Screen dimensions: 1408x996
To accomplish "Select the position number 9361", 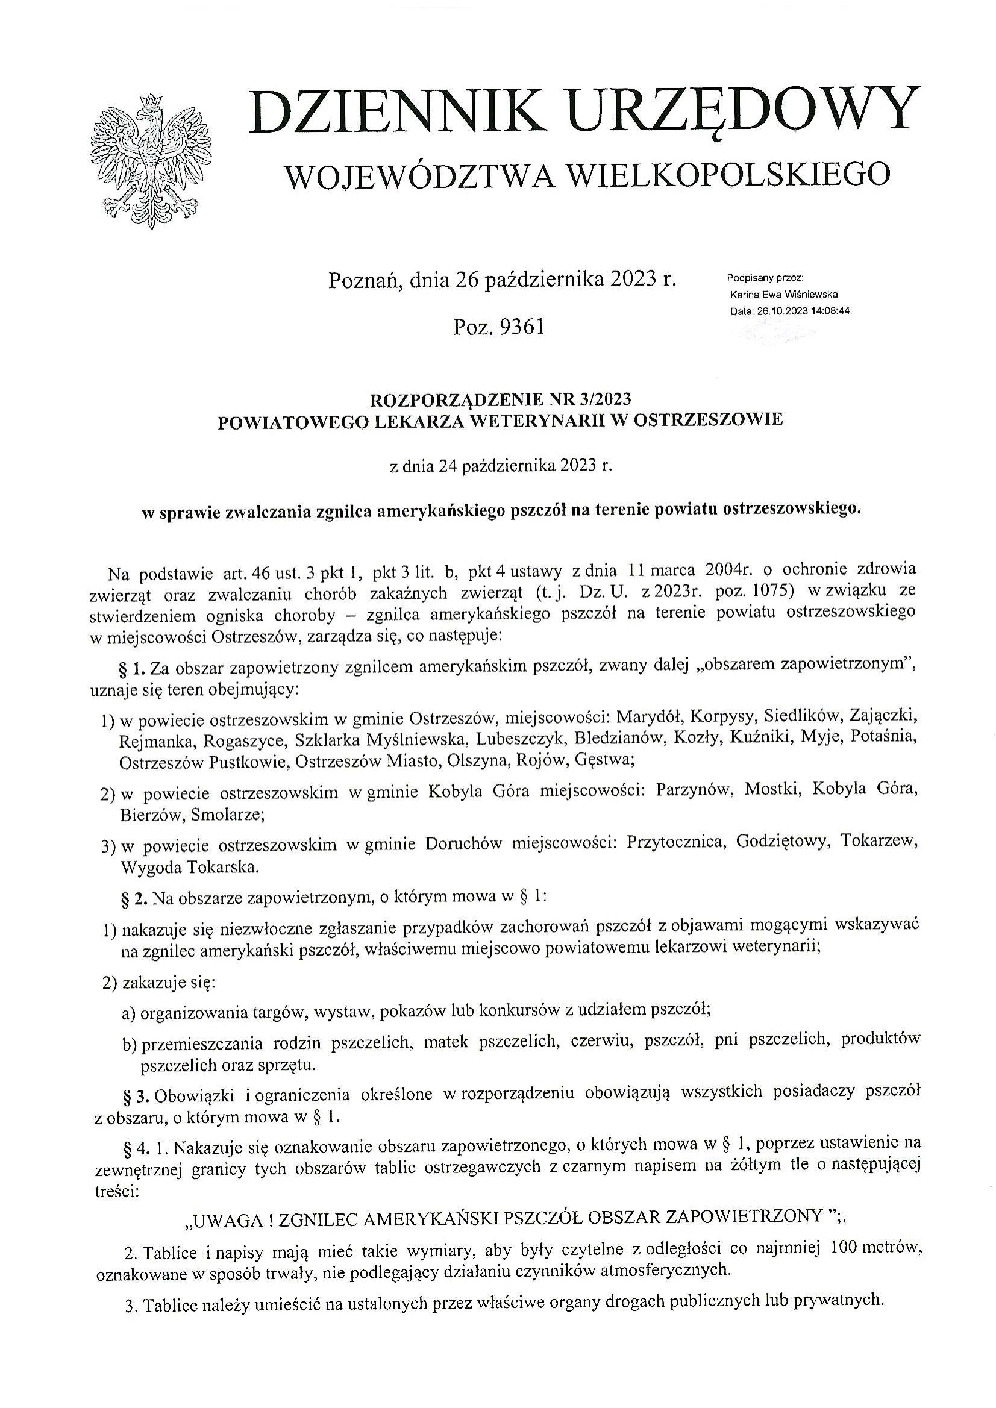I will click(x=522, y=328).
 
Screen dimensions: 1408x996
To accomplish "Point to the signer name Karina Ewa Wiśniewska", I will click(x=784, y=295).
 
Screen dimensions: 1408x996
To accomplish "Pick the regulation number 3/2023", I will click(x=604, y=399).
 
